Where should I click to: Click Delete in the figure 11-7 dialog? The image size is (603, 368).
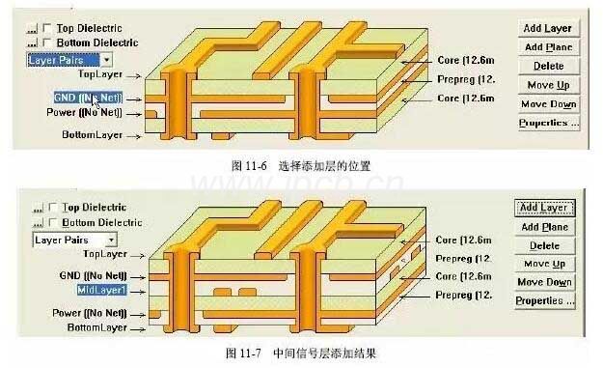[544, 245]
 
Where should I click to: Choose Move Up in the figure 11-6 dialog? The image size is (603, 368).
[548, 85]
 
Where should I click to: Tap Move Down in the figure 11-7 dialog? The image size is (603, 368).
[545, 282]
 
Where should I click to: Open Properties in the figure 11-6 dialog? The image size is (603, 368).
[548, 123]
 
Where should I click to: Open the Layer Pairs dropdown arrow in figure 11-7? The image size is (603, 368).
[112, 239]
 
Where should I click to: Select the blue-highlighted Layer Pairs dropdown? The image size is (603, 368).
[62, 59]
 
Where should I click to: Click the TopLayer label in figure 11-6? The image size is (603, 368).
[100, 73]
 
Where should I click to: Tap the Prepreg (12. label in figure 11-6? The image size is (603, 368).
[465, 79]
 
